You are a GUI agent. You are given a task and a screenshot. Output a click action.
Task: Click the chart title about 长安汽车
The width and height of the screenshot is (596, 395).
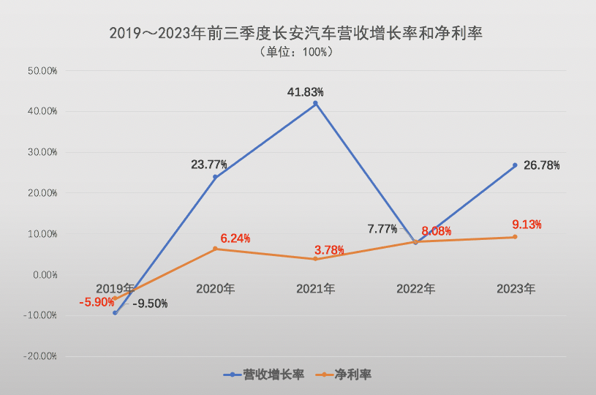click(x=297, y=33)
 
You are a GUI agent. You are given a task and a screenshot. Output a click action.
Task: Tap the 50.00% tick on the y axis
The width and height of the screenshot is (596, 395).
click(x=42, y=71)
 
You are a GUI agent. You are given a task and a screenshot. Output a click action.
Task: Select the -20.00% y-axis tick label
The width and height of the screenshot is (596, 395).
click(x=41, y=356)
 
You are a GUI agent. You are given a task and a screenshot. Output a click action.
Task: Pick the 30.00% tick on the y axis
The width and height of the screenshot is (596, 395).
click(x=42, y=152)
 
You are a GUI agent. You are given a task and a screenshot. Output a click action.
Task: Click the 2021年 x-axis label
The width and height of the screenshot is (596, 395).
click(x=315, y=289)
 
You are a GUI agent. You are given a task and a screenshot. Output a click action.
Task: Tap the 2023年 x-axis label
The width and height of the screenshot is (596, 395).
click(x=516, y=289)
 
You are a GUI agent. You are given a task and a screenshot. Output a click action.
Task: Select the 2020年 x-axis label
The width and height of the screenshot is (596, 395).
click(x=215, y=289)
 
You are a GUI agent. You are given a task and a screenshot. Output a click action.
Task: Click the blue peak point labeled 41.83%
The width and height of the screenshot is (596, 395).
click(x=315, y=104)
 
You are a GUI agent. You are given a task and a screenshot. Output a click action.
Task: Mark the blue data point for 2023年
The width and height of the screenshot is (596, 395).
click(x=515, y=165)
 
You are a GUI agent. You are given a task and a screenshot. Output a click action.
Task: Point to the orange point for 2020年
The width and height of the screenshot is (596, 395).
click(x=215, y=249)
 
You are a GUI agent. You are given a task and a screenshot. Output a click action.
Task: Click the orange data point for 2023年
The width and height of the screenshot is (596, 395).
click(x=515, y=237)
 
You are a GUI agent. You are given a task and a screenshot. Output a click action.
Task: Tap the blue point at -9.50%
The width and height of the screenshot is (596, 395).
click(x=115, y=313)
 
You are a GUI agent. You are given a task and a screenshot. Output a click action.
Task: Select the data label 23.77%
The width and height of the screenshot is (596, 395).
click(x=209, y=165)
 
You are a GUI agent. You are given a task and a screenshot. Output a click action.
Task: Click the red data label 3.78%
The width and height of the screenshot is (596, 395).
click(x=328, y=250)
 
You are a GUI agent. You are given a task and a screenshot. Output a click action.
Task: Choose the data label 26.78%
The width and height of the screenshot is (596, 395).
click(x=542, y=165)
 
